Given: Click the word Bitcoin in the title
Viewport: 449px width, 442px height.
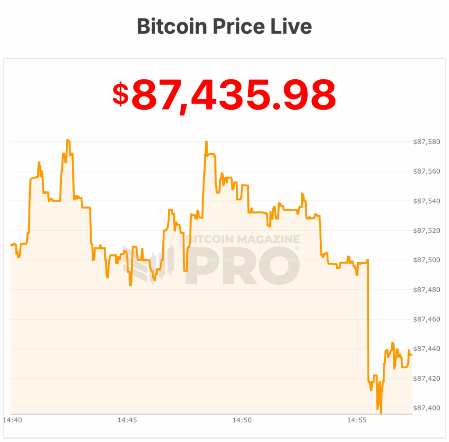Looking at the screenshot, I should tap(171, 26).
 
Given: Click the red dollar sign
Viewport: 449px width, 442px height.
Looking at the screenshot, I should tap(121, 94).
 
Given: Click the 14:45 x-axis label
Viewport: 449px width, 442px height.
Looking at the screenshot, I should tap(127, 421).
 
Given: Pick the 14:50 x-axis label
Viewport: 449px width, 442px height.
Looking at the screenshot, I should tap(242, 421).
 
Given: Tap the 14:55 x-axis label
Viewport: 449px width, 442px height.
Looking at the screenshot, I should tap(357, 421).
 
